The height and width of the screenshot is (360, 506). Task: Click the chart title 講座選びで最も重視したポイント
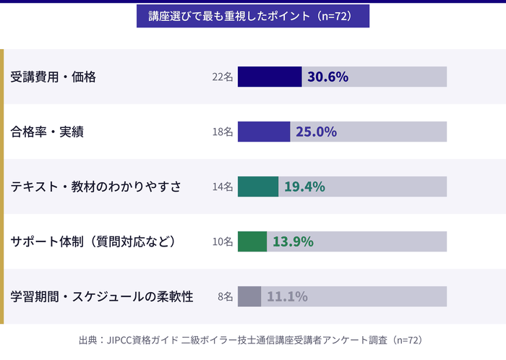coord(253,16)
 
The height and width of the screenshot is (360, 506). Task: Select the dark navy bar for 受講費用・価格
coord(270,77)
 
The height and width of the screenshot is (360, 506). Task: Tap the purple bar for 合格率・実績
coord(264,132)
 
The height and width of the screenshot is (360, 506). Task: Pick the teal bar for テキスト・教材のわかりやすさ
coord(258,187)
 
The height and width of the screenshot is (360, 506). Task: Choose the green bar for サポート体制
coord(252,241)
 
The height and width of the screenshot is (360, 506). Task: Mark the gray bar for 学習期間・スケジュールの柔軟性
coord(249,296)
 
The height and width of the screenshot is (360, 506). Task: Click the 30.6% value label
coord(328,77)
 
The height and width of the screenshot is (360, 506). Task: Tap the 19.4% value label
coord(304,187)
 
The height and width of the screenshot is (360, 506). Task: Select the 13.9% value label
coord(293,241)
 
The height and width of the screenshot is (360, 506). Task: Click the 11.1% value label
coord(287,296)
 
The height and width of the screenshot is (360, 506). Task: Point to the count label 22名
coord(223,77)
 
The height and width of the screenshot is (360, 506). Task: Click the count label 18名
coord(223,132)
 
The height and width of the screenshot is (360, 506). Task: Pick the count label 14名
coord(223,187)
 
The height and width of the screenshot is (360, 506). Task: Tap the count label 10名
coord(223,241)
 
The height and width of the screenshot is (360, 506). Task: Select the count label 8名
coord(225,296)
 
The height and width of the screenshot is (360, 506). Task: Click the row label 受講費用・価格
coord(53,77)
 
